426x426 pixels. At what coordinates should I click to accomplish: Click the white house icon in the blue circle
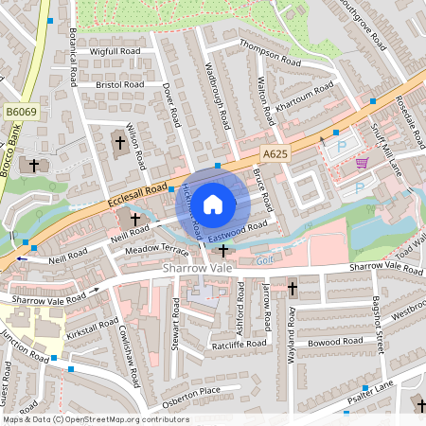[x=213, y=204]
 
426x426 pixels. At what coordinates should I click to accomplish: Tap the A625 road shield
[x=275, y=154]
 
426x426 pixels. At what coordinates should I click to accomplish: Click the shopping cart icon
[x=361, y=163]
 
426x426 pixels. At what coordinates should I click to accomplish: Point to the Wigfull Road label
[x=115, y=50]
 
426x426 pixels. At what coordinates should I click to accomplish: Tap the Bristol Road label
[x=120, y=84]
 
